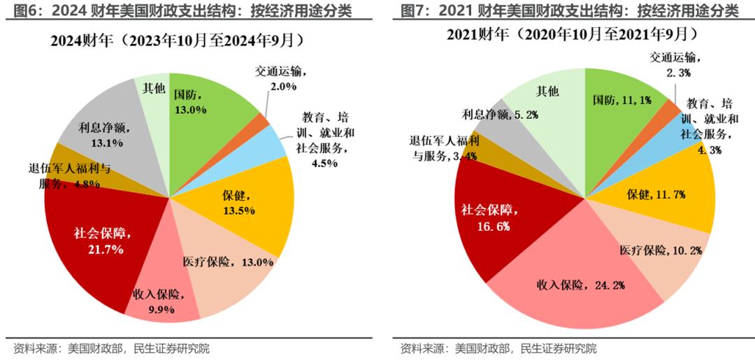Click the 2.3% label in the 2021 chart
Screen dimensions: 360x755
coord(678,73)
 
